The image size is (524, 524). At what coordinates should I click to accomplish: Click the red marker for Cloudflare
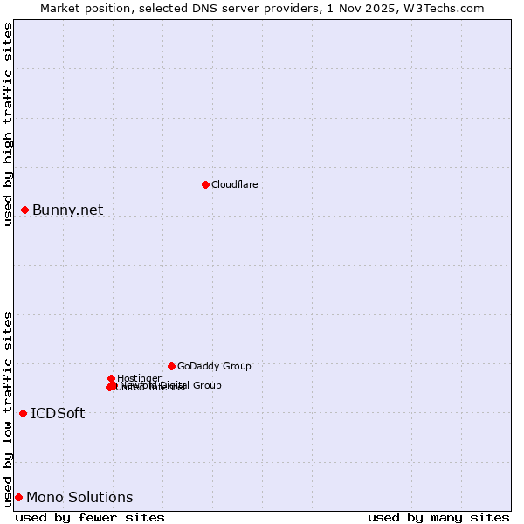pyautogui.click(x=205, y=184)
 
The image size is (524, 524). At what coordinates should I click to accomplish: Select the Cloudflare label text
pyautogui.click(x=234, y=184)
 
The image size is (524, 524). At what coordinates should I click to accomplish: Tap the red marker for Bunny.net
pyautogui.click(x=25, y=210)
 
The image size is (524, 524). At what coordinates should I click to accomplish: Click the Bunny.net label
pyautogui.click(x=67, y=210)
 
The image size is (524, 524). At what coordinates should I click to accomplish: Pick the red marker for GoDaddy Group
pyautogui.click(x=171, y=366)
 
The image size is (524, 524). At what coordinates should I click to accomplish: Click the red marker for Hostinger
pyautogui.click(x=112, y=378)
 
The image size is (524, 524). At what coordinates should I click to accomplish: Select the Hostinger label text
pyautogui.click(x=138, y=378)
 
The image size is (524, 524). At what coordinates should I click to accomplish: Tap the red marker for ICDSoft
pyautogui.click(x=24, y=413)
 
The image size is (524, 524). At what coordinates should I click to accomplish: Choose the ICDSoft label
pyautogui.click(x=58, y=413)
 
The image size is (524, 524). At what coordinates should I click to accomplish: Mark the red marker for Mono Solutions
pyautogui.click(x=18, y=497)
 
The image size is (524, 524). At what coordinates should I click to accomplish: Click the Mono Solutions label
pyautogui.click(x=79, y=497)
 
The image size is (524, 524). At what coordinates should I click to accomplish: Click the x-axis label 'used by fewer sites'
pyautogui.click(x=90, y=517)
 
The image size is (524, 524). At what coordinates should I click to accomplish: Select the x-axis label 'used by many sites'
pyautogui.click(x=438, y=517)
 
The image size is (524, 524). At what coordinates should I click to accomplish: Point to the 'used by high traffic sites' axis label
pyautogui.click(x=8, y=124)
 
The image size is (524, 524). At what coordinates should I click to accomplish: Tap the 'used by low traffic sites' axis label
pyautogui.click(x=8, y=408)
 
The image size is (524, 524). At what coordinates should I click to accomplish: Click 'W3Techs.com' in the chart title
pyautogui.click(x=448, y=8)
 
